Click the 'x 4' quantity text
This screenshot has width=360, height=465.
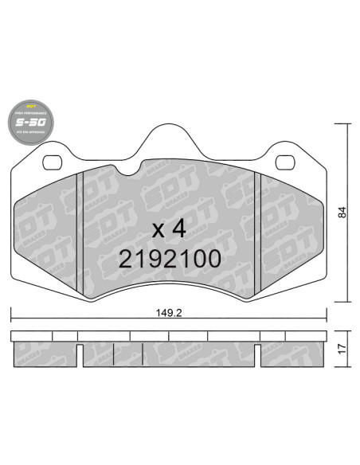coord(168,229)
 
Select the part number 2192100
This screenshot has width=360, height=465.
coord(168,259)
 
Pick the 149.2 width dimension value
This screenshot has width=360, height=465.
coord(168,313)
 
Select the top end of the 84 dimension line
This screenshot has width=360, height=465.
coord(343,125)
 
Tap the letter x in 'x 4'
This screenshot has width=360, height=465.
coord(158,231)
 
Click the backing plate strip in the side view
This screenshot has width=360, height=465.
coord(168,335)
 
